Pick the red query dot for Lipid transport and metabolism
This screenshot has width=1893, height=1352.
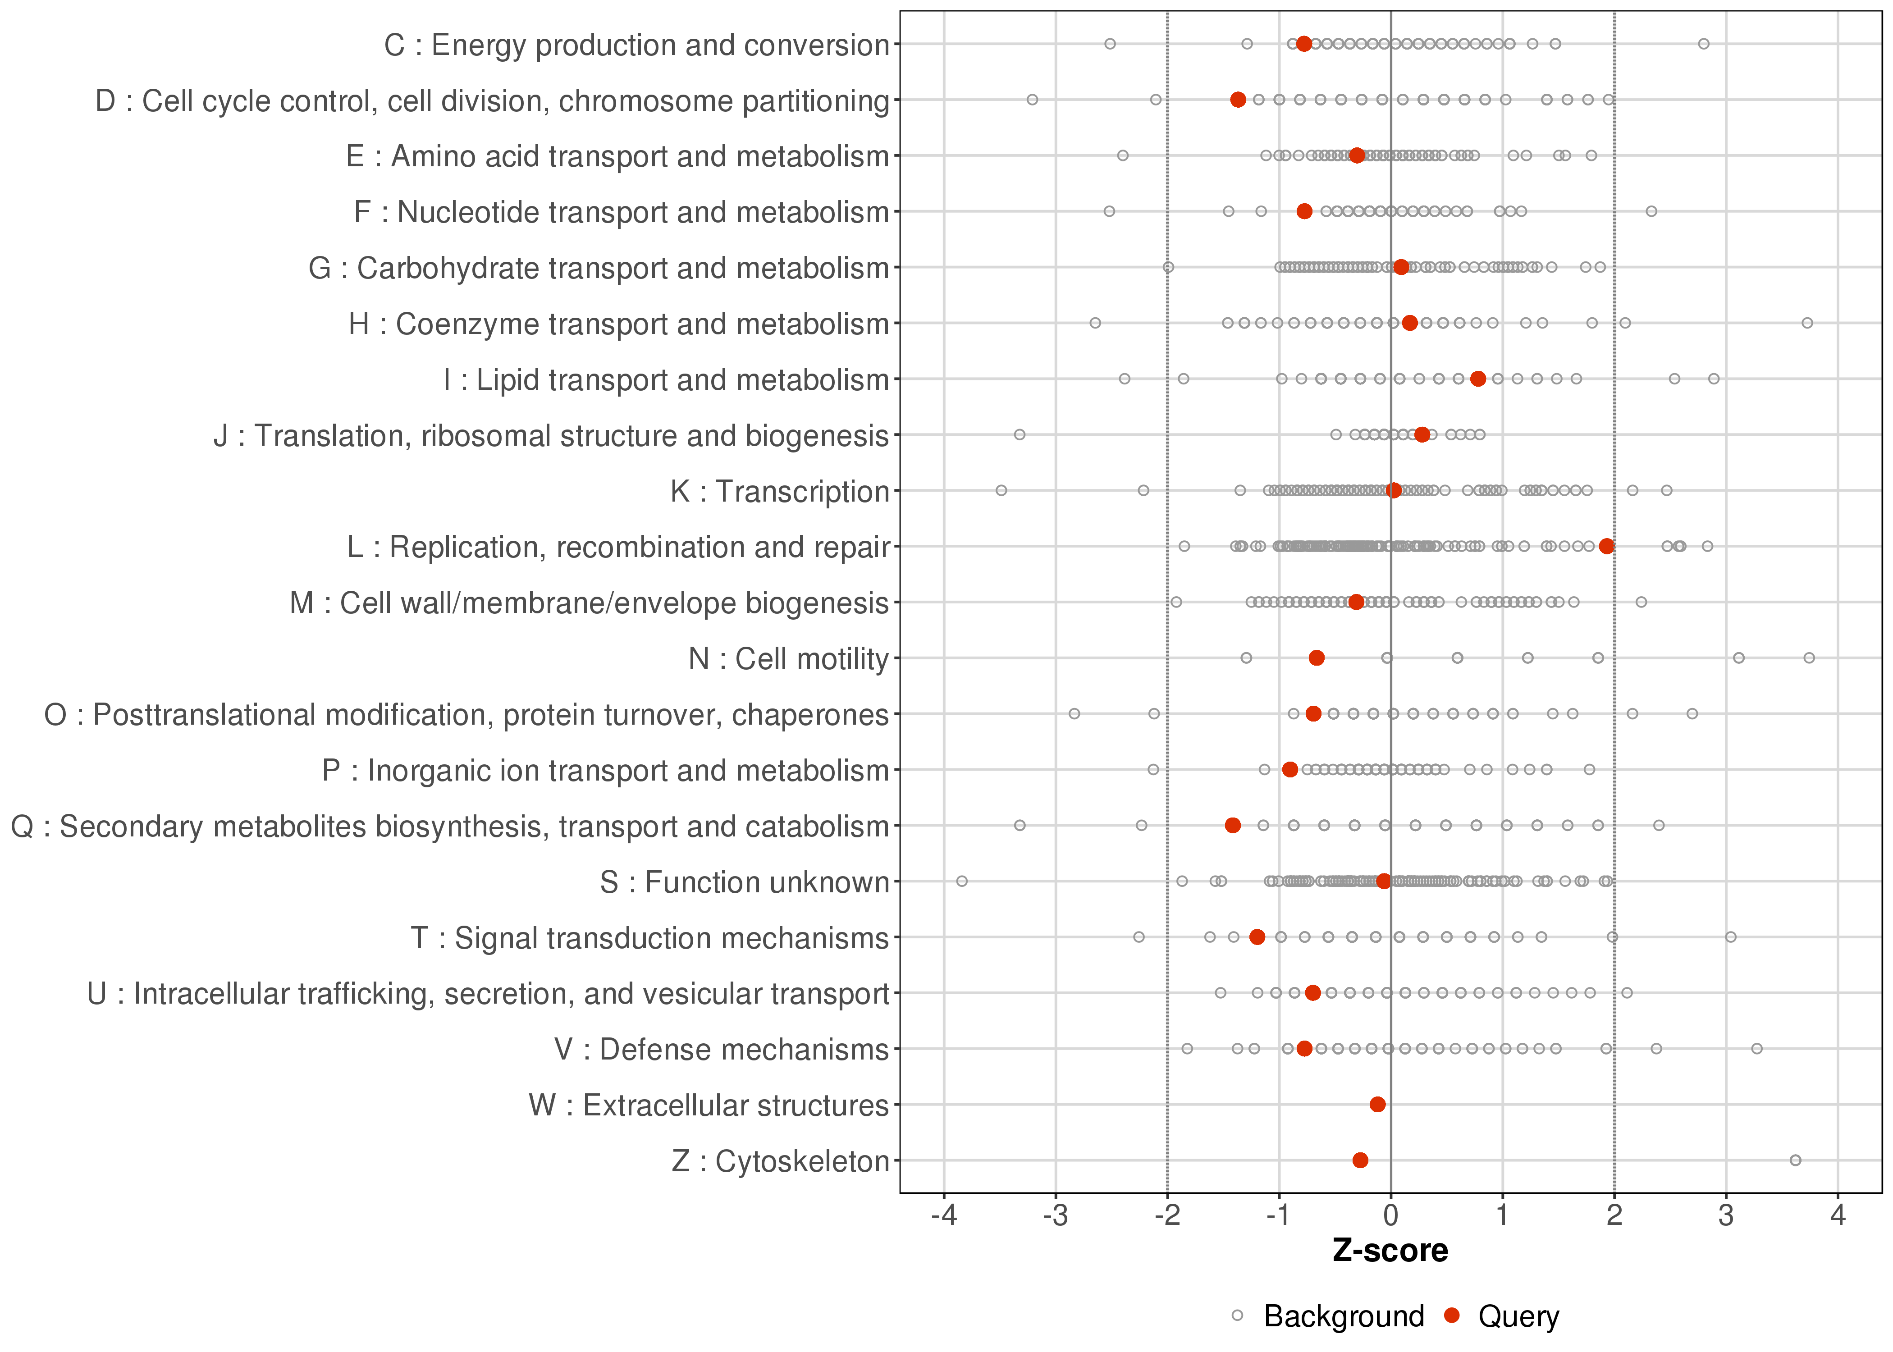click(1477, 379)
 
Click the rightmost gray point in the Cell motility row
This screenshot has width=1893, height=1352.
click(1809, 658)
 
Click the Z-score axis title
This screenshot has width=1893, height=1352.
click(1390, 1251)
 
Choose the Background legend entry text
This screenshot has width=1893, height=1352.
click(1344, 1316)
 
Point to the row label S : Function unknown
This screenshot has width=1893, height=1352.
click(744, 882)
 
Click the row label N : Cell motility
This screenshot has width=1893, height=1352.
click(788, 658)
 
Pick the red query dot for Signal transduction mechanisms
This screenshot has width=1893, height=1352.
click(1257, 936)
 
